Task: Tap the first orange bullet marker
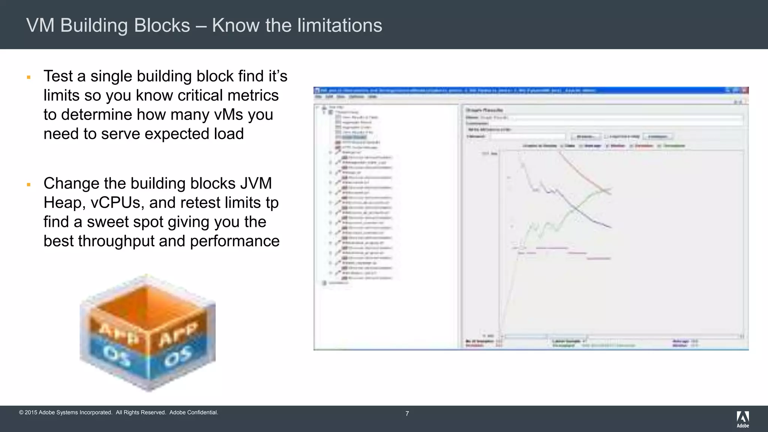click(28, 77)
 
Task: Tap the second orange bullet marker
click(28, 184)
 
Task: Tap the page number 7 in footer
click(407, 414)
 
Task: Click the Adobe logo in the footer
click(742, 419)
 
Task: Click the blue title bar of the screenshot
click(525, 90)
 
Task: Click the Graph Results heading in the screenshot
click(484, 110)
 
